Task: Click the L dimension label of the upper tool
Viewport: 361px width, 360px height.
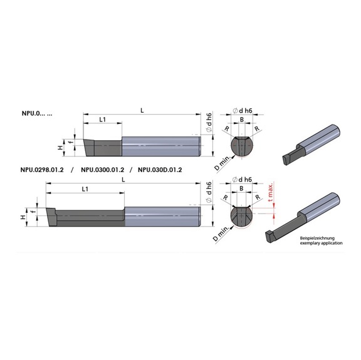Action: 142,111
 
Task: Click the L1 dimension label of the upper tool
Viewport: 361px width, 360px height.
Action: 102,120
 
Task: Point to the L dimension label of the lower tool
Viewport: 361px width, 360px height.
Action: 123,179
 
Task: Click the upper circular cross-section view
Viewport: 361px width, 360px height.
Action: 242,144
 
